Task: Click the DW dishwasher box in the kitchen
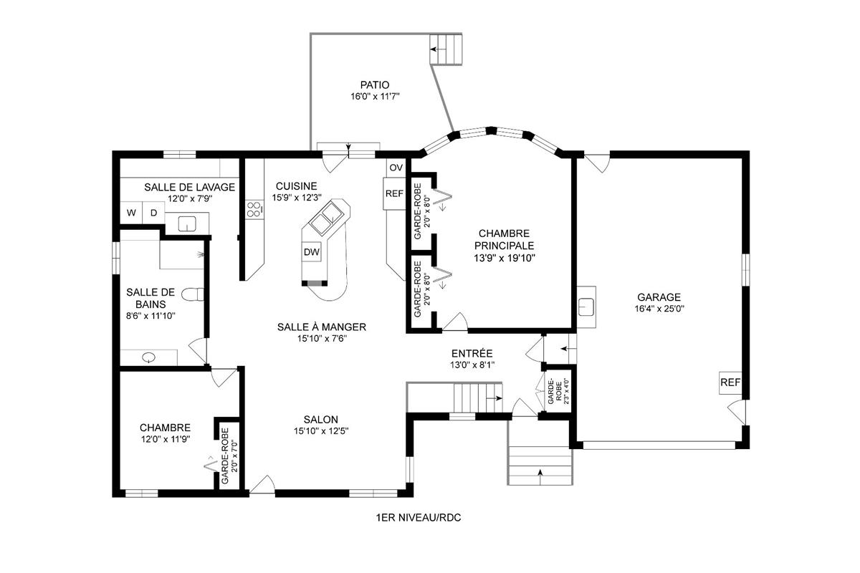(x=311, y=251)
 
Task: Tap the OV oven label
(x=396, y=168)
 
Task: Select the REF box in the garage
(x=730, y=382)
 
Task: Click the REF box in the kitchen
(x=394, y=193)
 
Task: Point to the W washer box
(x=132, y=213)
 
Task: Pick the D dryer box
(x=153, y=213)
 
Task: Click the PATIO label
(x=375, y=85)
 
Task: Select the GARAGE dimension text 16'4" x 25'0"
(x=658, y=310)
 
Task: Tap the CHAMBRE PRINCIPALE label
(x=504, y=239)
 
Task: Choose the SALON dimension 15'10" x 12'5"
(x=320, y=431)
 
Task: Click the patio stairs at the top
(x=448, y=49)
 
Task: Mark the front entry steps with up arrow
(x=539, y=465)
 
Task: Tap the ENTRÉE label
(x=472, y=353)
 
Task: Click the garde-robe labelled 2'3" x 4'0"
(x=556, y=391)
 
